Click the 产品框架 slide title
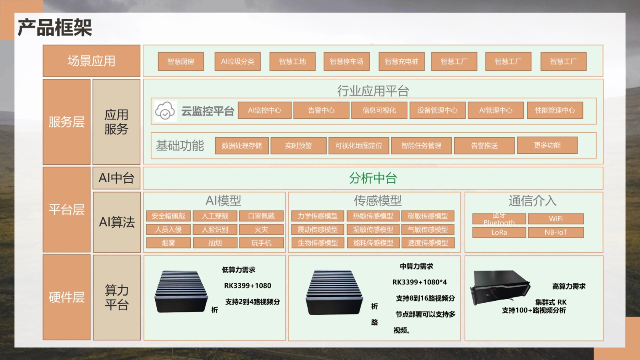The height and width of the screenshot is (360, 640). [55, 28]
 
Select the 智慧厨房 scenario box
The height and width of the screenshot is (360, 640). [181, 62]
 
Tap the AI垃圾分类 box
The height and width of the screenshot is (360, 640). [238, 62]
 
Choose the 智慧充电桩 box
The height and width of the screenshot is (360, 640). [402, 62]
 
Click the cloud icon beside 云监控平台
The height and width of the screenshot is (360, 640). [165, 111]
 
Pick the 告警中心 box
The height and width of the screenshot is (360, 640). [321, 110]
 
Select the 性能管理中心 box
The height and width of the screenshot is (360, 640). [555, 110]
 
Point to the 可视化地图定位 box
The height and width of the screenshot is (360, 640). [359, 146]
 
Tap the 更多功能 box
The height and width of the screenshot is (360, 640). [547, 145]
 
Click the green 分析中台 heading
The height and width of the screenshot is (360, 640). [373, 178]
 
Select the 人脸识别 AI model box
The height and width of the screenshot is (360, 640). [215, 230]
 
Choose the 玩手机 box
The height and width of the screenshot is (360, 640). [261, 243]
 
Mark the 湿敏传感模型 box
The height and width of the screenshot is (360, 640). [373, 230]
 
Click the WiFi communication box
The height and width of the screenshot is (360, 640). [556, 219]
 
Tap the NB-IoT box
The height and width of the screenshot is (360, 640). [556, 232]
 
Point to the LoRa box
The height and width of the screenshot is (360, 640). [499, 232]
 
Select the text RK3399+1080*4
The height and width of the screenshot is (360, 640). [420, 282]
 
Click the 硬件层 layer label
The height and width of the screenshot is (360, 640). [66, 297]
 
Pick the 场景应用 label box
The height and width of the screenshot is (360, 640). [92, 61]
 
